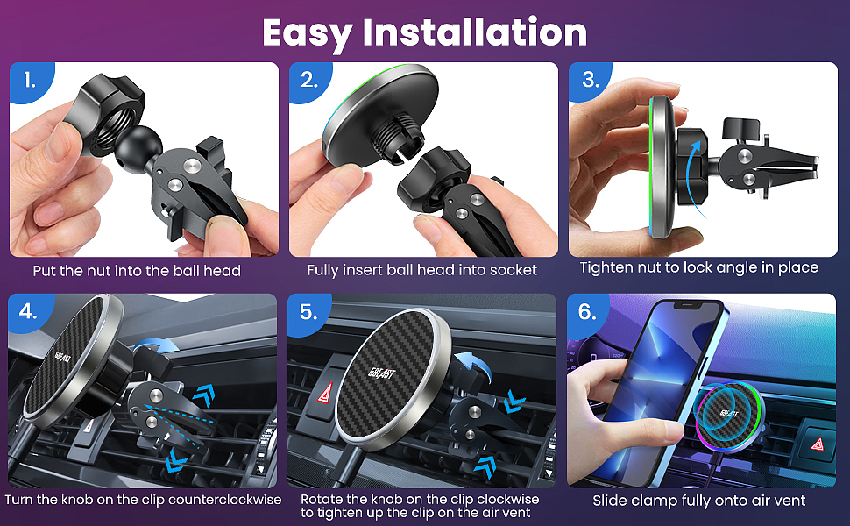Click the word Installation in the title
[x=475, y=32]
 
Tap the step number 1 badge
[x=31, y=82]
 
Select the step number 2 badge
[x=309, y=82]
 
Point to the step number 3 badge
[x=590, y=81]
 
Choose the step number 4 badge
[x=29, y=312]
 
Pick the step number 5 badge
[x=309, y=312]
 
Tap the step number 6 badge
[x=588, y=312]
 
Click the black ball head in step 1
[x=138, y=146]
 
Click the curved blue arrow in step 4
[x=156, y=344]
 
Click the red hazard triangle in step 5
[x=325, y=393]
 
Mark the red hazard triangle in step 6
[x=818, y=444]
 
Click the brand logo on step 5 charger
[x=382, y=373]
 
